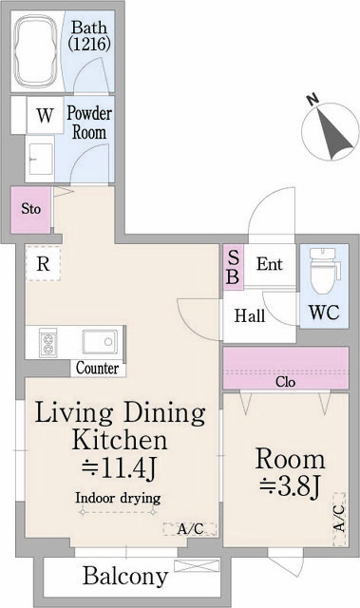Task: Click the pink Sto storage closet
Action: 31,208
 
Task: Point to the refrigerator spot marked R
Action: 43,264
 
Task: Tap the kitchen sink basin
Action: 98,340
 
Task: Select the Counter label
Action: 97,369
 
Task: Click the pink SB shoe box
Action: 233,267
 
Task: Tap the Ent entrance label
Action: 269,264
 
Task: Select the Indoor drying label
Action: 119,498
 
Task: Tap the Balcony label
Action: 124,576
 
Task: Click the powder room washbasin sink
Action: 41,157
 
